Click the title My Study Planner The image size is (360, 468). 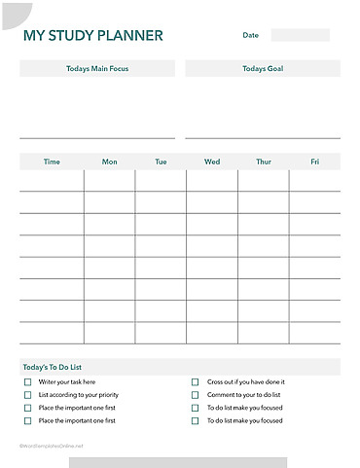pos(93,37)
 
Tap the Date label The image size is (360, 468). pos(251,35)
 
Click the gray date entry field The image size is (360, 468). pos(300,35)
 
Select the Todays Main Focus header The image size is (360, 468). pos(97,69)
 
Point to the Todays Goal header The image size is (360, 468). pos(263,69)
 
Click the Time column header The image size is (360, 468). pos(52,162)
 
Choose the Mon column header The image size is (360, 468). pos(109,162)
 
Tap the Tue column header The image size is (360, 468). pos(161,162)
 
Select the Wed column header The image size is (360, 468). pos(212,162)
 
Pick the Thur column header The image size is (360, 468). pos(263,162)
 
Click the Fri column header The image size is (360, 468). pos(314,162)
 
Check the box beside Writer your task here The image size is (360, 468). pos(27,382)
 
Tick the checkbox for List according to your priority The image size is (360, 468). pos(27,395)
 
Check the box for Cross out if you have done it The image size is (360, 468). pos(195,382)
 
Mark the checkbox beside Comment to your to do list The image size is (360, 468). pos(195,395)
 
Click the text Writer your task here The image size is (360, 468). pos(66,382)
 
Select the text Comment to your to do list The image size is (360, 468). pos(243,395)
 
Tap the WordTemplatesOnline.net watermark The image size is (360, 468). pos(52,445)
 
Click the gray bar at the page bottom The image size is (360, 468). pos(177,462)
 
